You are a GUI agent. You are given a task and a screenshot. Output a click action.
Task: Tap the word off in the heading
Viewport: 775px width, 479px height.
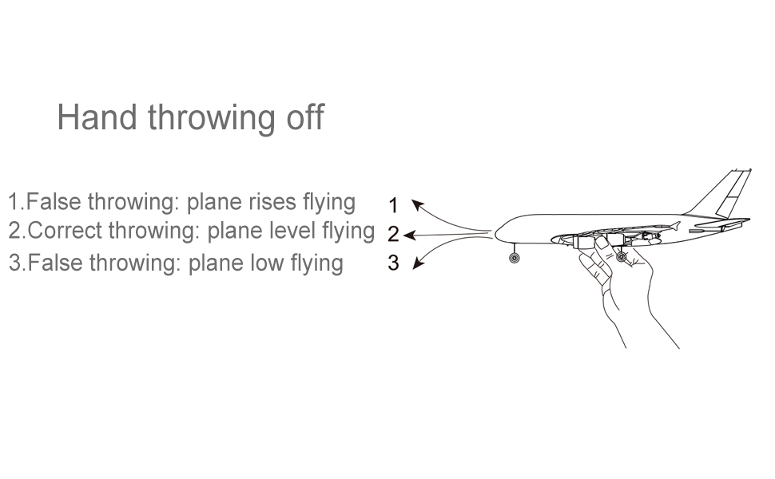click(x=304, y=117)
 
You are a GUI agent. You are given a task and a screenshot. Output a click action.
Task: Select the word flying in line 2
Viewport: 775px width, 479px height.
click(x=348, y=232)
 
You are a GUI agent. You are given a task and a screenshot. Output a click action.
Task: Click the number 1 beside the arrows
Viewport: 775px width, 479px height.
click(x=393, y=206)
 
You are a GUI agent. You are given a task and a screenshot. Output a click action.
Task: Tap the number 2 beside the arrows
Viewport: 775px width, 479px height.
click(x=393, y=235)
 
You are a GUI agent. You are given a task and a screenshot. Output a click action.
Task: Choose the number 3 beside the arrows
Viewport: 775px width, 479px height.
click(x=393, y=263)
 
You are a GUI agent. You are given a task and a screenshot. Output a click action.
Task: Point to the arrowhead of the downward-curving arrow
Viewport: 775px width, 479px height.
click(x=417, y=264)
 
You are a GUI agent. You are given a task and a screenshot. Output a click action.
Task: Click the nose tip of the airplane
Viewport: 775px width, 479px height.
click(x=497, y=234)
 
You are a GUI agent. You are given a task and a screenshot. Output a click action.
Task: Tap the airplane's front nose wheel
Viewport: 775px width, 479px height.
click(x=514, y=259)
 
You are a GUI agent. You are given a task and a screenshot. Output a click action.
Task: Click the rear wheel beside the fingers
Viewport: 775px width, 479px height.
click(x=621, y=256)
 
